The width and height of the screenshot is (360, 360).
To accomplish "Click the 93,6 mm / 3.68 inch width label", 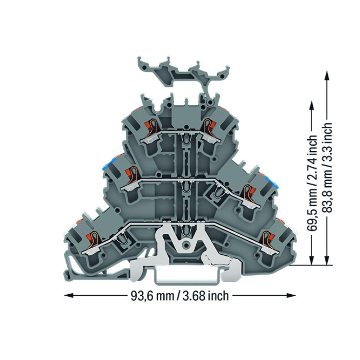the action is pyautogui.click(x=180, y=296).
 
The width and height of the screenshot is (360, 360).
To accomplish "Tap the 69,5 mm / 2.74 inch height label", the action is pyautogui.click(x=312, y=183).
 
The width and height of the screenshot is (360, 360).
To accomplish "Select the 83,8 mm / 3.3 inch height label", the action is pyautogui.click(x=327, y=168).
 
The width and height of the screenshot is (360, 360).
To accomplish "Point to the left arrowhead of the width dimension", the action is pyautogui.click(x=69, y=295).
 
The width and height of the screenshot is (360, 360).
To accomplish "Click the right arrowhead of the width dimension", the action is pyautogui.click(x=291, y=295).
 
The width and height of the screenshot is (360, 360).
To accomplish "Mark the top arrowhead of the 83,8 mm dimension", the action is pyautogui.click(x=327, y=75).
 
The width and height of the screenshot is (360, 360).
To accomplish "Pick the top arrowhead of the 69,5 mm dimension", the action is pyautogui.click(x=312, y=106).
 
